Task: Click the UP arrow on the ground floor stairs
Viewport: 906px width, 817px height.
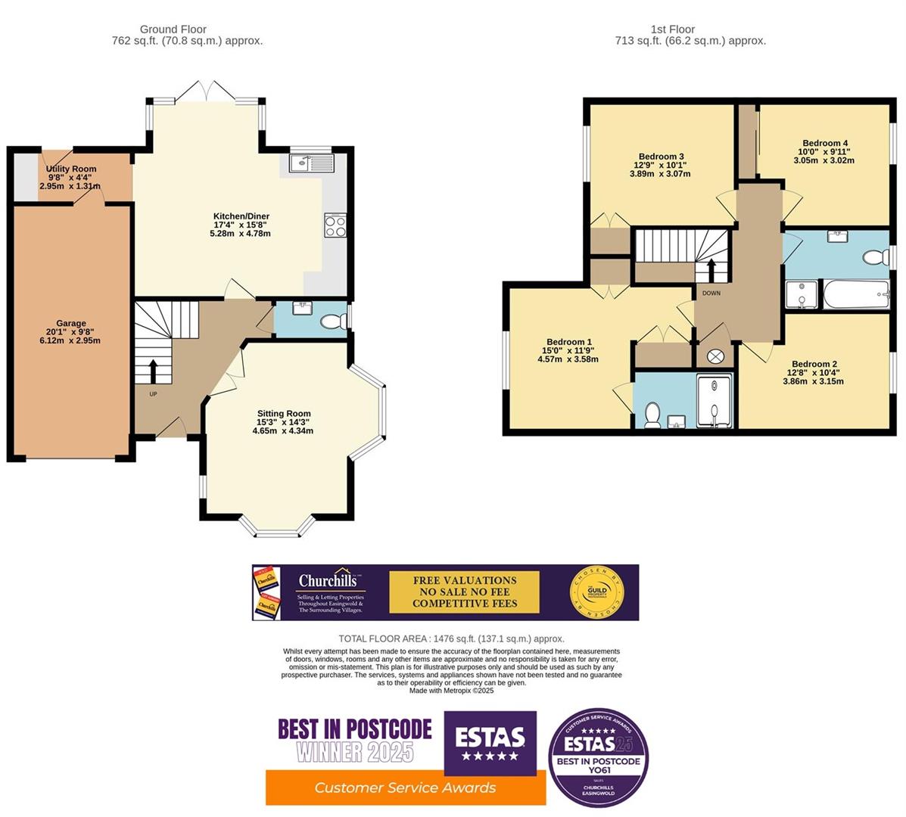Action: (x=154, y=371)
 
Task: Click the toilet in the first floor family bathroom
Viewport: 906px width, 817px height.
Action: (x=875, y=258)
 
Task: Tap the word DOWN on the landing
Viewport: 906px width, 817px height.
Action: (x=711, y=293)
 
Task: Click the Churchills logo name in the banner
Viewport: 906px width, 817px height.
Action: (x=326, y=581)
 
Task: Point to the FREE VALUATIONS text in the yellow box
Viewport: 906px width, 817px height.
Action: (x=464, y=580)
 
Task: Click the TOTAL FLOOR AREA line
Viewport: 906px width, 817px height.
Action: (x=451, y=638)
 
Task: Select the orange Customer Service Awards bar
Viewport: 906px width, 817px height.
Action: (x=405, y=787)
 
